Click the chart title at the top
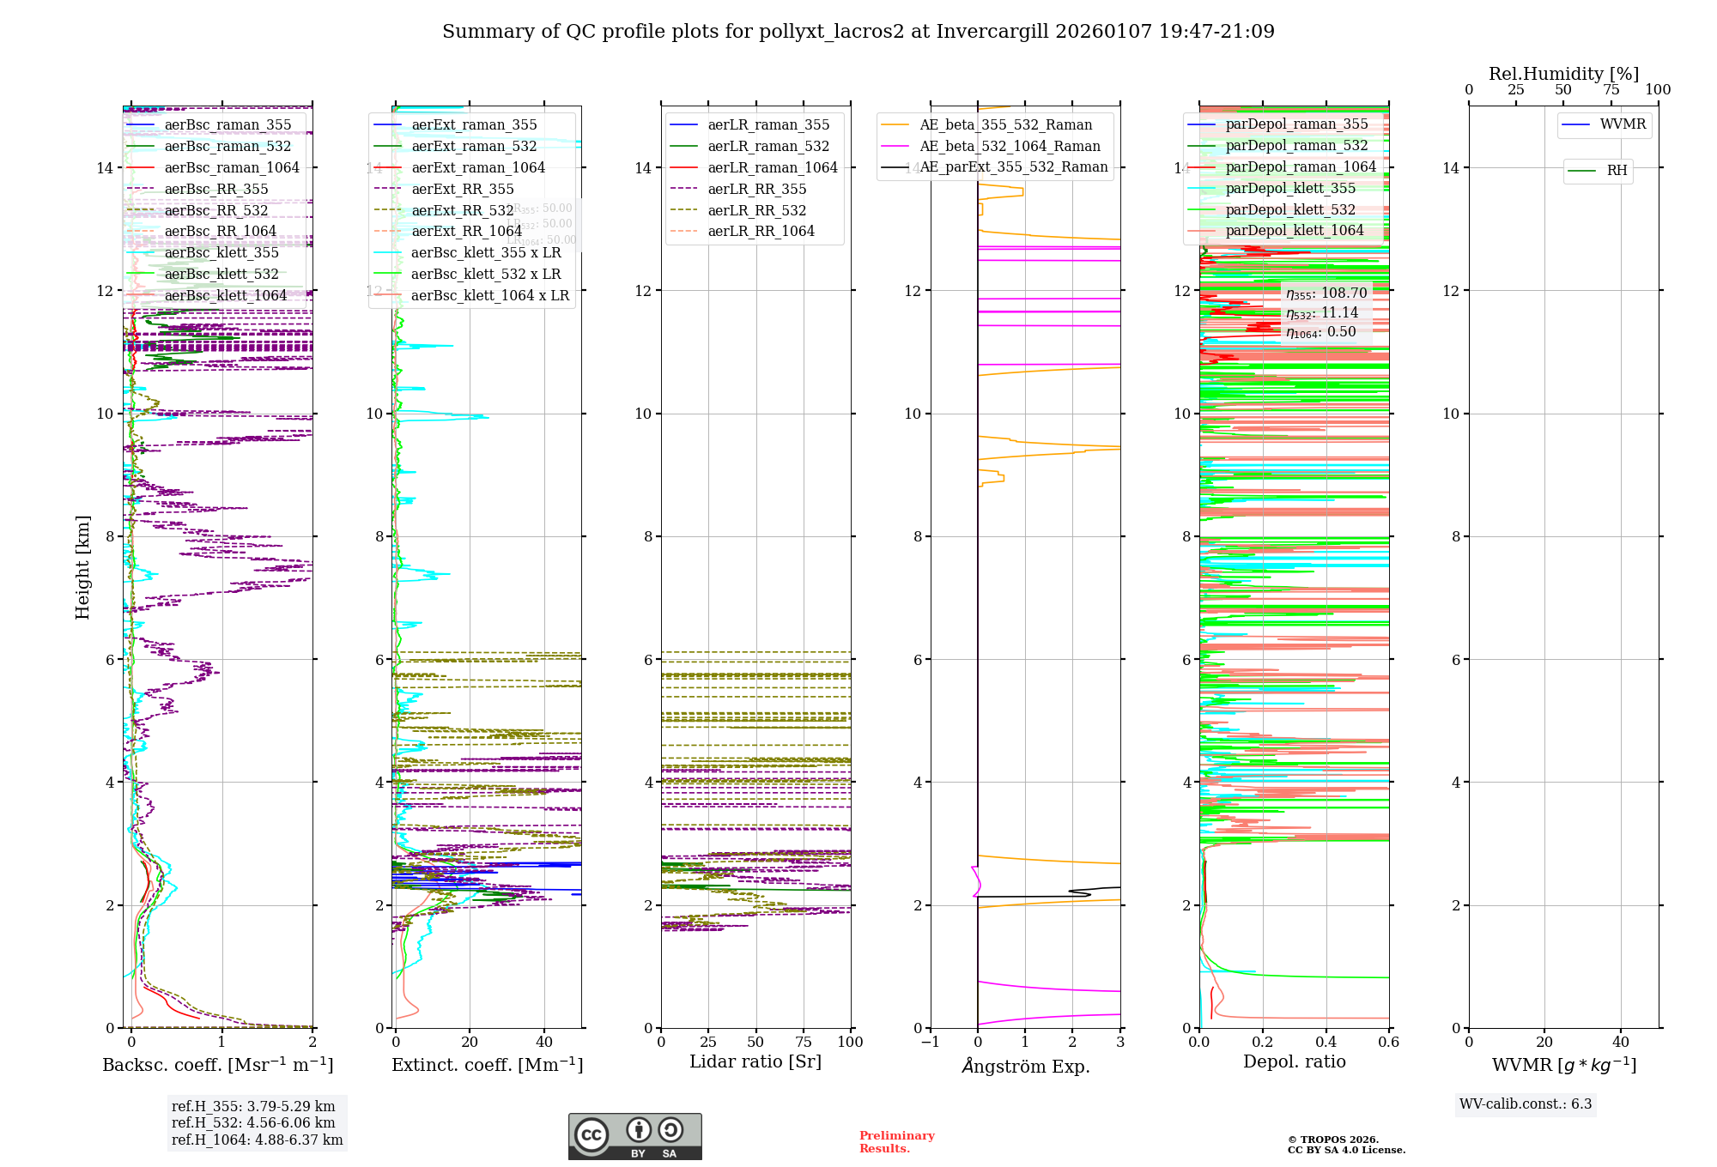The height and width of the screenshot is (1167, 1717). pyautogui.click(x=858, y=32)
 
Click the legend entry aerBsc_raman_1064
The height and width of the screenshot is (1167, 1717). pyautogui.click(x=232, y=167)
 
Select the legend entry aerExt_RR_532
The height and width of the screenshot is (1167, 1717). pyautogui.click(x=462, y=210)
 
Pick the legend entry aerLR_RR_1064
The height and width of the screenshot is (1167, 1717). pyautogui.click(x=761, y=231)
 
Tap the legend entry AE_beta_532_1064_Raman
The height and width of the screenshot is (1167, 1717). pyautogui.click(x=1010, y=146)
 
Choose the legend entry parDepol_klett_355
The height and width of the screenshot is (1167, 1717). pyautogui.click(x=1290, y=188)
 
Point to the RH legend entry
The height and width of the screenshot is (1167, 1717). pyautogui.click(x=1617, y=171)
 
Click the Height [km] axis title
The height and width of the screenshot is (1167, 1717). pyautogui.click(x=82, y=566)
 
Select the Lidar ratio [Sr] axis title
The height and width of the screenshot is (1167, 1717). pyautogui.click(x=755, y=1061)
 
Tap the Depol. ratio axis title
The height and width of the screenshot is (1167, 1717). pyautogui.click(x=1294, y=1061)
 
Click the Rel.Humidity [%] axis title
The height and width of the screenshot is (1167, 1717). pyautogui.click(x=1563, y=74)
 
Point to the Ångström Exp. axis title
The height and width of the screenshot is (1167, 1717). pyautogui.click(x=1026, y=1066)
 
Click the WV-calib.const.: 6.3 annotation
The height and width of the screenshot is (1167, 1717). pyautogui.click(x=1526, y=1104)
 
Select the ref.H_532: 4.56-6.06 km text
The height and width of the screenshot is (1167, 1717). pyautogui.click(x=253, y=1122)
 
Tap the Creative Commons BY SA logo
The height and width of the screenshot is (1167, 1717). pyautogui.click(x=634, y=1137)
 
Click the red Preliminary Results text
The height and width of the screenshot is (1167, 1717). pyautogui.click(x=896, y=1141)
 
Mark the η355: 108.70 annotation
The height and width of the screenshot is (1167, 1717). pyautogui.click(x=1326, y=293)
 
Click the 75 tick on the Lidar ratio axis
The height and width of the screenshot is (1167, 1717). pyautogui.click(x=804, y=1042)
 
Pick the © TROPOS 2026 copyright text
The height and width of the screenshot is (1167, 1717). pyautogui.click(x=1332, y=1140)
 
